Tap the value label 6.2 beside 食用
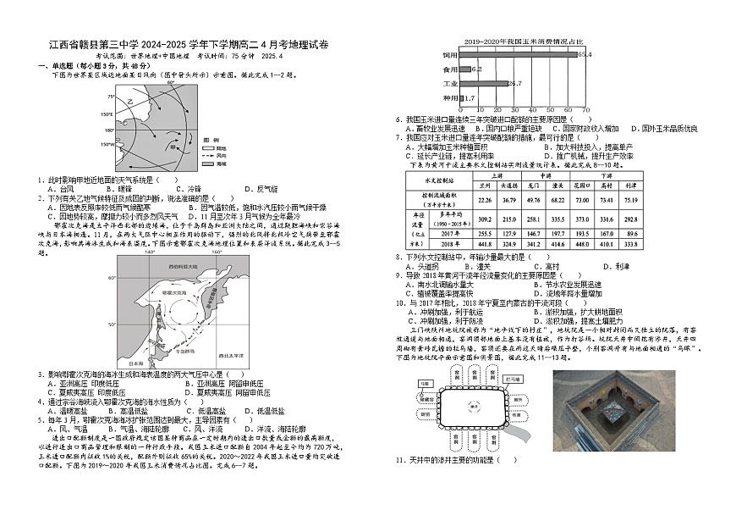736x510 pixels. (477, 69)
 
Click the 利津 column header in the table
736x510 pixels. (631, 184)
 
